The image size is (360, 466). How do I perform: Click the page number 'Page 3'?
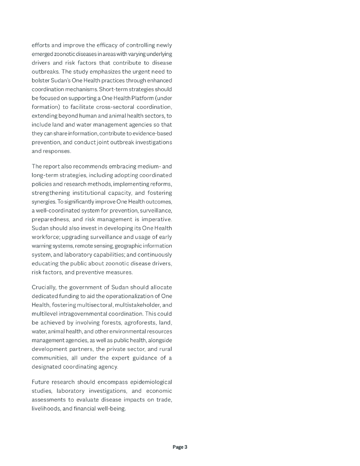point(180,447)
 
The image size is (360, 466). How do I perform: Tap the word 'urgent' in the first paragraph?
point(140,71)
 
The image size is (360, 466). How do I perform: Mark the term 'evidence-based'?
point(152,133)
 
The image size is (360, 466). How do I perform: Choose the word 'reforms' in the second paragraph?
point(160,184)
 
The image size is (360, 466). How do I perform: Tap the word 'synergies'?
point(43,202)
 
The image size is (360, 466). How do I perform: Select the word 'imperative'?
point(156,219)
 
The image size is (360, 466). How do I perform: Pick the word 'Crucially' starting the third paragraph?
point(44,287)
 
